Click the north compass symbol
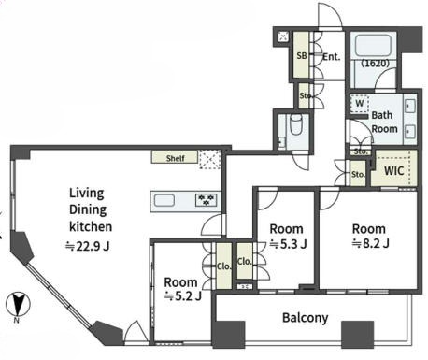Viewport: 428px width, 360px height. tap(18, 304)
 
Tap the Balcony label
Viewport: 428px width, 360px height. tap(306, 318)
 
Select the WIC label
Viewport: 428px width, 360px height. tap(393, 171)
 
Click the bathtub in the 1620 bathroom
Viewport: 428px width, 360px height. tap(373, 46)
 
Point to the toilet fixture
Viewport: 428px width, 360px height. tap(296, 125)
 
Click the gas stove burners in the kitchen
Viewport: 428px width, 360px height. tap(206, 200)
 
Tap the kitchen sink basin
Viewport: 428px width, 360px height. tap(164, 200)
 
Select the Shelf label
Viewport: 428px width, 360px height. tap(176, 158)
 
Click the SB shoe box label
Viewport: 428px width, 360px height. tap(302, 56)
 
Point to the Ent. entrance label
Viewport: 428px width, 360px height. tap(332, 57)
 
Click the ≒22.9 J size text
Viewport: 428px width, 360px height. tap(88, 247)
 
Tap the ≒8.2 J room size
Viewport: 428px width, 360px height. tap(370, 243)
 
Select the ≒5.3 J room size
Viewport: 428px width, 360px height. tap(289, 244)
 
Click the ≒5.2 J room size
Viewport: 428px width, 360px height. tap(183, 296)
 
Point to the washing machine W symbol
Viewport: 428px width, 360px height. tap(360, 103)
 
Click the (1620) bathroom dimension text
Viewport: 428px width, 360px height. tap(376, 64)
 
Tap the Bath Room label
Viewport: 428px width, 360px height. tap(384, 122)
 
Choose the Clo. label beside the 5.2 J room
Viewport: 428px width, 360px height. tap(224, 266)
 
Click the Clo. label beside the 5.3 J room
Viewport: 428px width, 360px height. tap(244, 261)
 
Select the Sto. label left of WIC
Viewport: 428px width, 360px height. tap(358, 174)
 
